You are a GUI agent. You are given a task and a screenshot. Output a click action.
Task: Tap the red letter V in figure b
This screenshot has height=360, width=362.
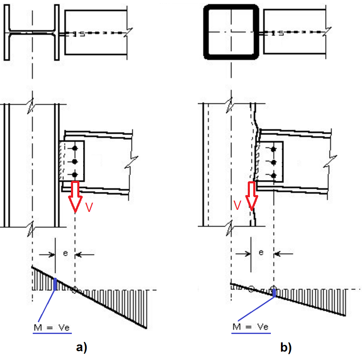tap(237, 205)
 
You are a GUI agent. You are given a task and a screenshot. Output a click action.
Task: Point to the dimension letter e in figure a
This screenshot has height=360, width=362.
tap(65, 253)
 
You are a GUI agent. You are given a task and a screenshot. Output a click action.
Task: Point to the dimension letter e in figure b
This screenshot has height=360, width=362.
tap(261, 253)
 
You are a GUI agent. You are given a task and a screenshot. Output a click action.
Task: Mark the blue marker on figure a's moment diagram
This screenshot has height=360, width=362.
tap(55, 284)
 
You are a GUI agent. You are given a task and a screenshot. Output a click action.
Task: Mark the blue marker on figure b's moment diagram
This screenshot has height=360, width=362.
tap(274, 292)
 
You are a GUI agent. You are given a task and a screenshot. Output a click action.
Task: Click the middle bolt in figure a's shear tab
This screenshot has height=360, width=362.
tap(75, 162)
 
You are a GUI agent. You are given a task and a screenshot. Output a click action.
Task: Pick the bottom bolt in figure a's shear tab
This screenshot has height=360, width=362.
tap(75, 175)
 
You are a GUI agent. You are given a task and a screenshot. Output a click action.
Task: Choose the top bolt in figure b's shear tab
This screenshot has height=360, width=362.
tap(273, 149)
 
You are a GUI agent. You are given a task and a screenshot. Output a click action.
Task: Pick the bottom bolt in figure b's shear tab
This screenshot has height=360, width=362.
tap(273, 175)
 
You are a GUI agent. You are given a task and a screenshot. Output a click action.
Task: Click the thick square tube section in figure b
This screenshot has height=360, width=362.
tap(231, 32)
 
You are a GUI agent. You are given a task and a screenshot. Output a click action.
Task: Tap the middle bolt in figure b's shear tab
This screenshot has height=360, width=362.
tap(273, 162)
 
